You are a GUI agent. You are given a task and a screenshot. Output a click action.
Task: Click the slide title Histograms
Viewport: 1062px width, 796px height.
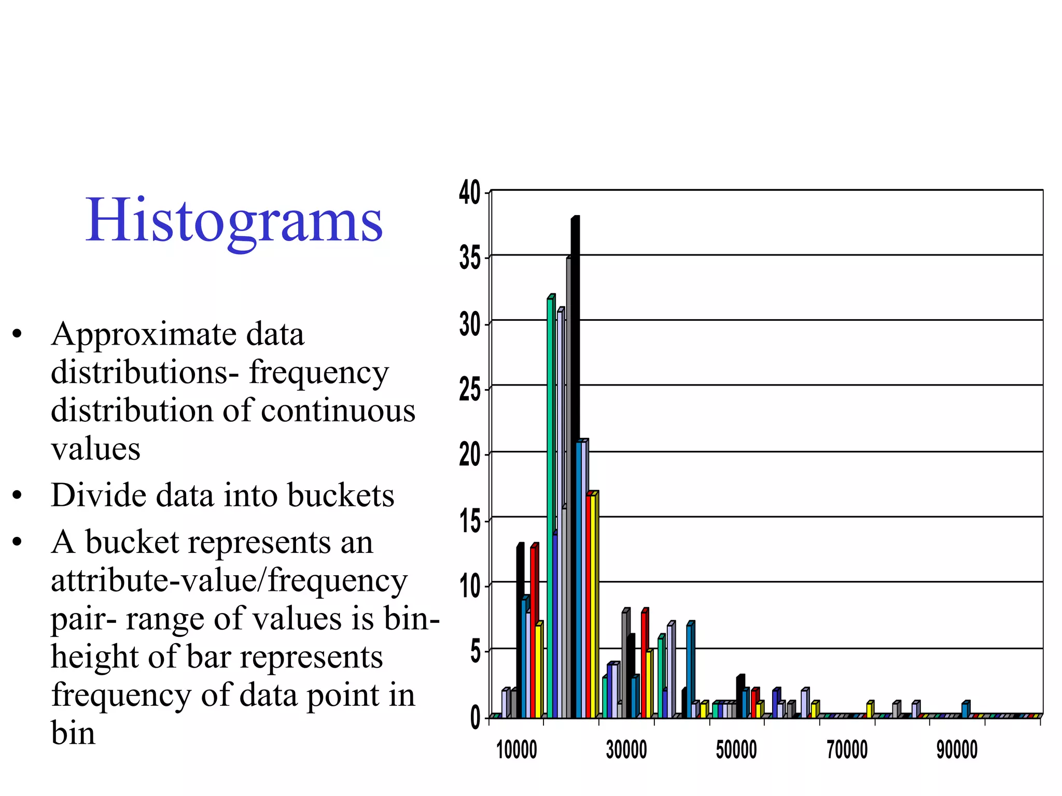(x=234, y=220)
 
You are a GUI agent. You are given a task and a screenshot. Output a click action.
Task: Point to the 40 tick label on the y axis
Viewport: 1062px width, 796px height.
(x=470, y=193)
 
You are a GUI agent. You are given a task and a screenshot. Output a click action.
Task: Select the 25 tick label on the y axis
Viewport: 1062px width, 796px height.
(x=470, y=389)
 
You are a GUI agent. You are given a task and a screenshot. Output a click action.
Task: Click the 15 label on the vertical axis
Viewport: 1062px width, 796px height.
(x=470, y=521)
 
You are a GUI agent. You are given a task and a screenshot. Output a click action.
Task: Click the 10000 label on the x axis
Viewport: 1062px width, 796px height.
(x=516, y=750)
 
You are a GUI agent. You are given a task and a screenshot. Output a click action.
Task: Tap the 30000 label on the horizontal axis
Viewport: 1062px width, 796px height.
(x=626, y=750)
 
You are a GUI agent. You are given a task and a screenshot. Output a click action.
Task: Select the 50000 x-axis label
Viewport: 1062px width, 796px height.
(x=736, y=750)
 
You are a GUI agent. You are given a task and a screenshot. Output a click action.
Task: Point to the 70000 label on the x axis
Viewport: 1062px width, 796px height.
(x=847, y=750)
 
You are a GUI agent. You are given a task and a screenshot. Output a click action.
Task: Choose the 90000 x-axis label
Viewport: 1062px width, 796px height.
(x=957, y=750)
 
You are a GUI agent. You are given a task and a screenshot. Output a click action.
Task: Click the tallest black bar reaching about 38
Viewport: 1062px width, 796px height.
(x=575, y=466)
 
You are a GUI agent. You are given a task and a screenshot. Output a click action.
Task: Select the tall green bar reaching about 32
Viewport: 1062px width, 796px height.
(x=550, y=508)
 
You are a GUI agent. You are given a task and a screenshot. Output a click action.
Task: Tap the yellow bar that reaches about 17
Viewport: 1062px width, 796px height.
(x=594, y=606)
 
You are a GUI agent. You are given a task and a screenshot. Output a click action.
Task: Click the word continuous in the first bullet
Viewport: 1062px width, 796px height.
(x=338, y=411)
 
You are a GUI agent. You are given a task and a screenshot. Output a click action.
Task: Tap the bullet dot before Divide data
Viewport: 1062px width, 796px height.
(x=17, y=495)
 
